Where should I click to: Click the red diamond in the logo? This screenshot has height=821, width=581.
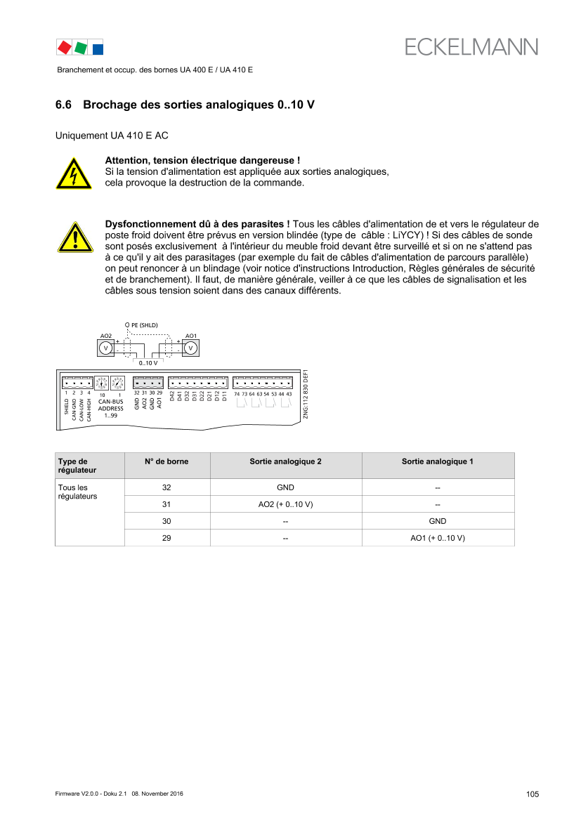click(65, 48)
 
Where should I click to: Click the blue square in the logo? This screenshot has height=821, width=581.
click(98, 49)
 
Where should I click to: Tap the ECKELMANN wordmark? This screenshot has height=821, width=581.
click(471, 47)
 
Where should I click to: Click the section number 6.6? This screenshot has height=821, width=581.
click(63, 105)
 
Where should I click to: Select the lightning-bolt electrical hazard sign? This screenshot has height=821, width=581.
click(74, 173)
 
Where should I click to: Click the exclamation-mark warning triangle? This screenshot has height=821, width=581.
click(75, 237)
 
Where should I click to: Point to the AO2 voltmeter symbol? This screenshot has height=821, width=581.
click(106, 348)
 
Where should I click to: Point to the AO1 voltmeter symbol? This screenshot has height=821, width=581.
click(190, 348)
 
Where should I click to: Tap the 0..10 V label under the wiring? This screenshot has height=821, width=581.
click(148, 363)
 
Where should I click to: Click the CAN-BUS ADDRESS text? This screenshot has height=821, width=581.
click(111, 405)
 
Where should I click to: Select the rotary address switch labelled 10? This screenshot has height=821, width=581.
click(101, 383)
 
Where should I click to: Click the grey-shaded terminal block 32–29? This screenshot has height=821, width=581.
click(148, 383)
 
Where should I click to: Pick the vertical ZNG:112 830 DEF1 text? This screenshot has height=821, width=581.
click(306, 395)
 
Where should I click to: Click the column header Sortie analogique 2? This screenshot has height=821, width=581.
click(285, 461)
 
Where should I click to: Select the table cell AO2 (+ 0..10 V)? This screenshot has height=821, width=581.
click(285, 504)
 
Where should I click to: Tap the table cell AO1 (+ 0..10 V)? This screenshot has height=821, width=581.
click(438, 538)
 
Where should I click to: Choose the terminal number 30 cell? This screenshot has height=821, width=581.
click(167, 521)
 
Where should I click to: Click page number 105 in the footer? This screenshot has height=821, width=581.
click(533, 794)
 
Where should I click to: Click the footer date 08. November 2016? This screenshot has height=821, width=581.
click(157, 794)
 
